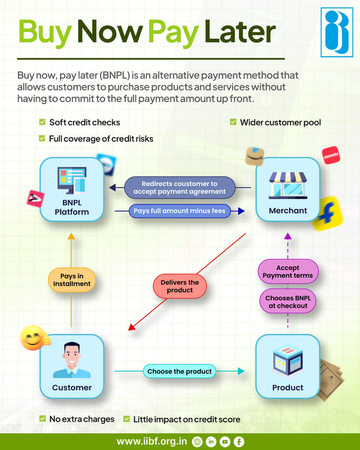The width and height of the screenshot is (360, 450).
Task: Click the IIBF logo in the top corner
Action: pos(337,32)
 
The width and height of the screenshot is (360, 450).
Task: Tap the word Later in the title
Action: pos(240,32)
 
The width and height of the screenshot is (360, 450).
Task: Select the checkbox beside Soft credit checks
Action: pos(42,122)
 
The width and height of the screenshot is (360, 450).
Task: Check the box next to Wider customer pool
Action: pos(233,122)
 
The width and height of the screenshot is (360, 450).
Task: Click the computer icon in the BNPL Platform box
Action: pos(72,180)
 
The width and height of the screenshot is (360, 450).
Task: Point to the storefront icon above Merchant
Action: pos(288,185)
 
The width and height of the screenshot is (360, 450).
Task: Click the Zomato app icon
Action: pos(331,155)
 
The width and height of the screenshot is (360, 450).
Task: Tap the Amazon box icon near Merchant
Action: pos(255,156)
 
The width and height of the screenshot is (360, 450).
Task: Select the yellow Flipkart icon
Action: pos(328,213)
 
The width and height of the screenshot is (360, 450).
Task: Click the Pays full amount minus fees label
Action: pos(180,211)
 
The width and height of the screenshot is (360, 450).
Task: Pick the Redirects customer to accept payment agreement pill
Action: pos(180,188)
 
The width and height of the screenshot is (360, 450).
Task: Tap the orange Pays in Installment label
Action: pos(72,280)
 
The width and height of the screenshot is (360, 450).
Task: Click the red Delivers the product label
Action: pos(180,286)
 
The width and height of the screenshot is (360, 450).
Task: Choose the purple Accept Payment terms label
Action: pos(288,272)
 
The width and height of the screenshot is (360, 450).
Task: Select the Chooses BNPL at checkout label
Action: pos(288,302)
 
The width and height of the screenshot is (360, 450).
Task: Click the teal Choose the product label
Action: pos(180,371)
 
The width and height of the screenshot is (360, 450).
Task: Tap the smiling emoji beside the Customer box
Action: pos(33,338)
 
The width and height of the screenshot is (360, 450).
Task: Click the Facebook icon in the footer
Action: pos(239,442)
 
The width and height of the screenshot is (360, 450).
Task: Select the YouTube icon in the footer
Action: pos(225,442)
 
